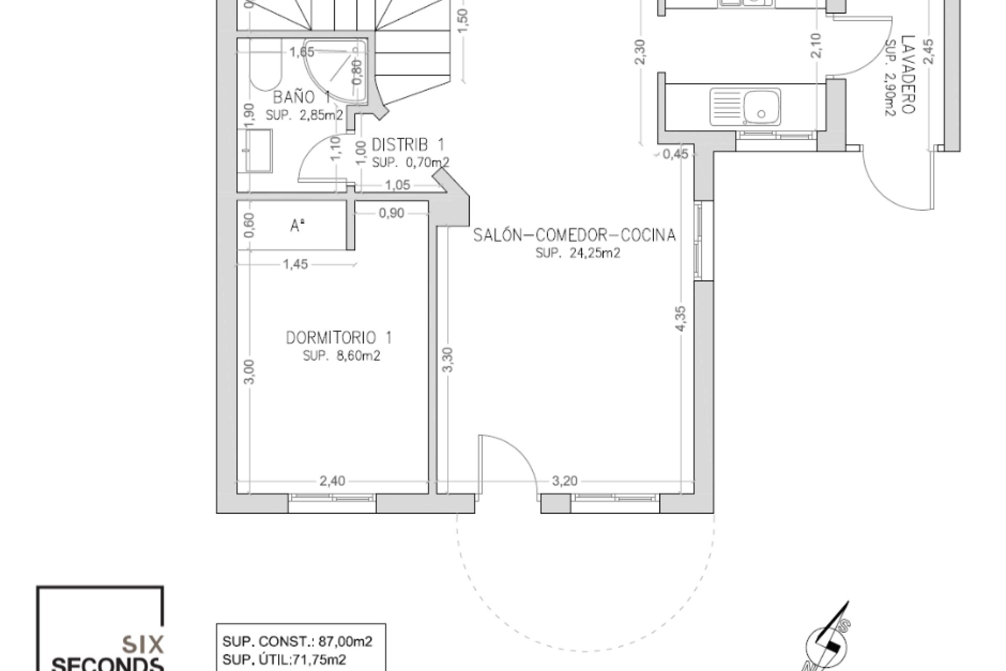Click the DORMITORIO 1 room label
[x=338, y=338]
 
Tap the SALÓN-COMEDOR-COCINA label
[x=574, y=235]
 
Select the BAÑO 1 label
[x=301, y=98]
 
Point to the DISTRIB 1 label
[x=408, y=144]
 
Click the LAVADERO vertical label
[x=908, y=74]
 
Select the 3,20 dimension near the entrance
[x=564, y=481]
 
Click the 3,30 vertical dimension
[x=448, y=360]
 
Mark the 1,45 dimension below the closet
[x=296, y=265]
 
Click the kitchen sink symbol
[x=745, y=107]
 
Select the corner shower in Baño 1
[x=338, y=68]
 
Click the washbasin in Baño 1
[x=258, y=151]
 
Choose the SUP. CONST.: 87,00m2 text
[x=298, y=642]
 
